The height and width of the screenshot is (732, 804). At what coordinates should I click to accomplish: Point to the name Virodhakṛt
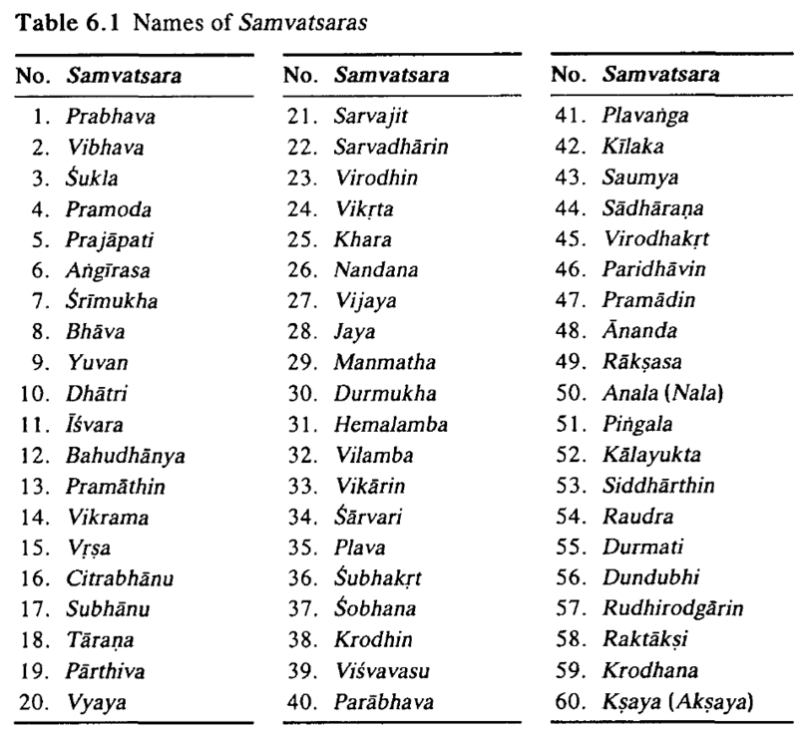point(652,239)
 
